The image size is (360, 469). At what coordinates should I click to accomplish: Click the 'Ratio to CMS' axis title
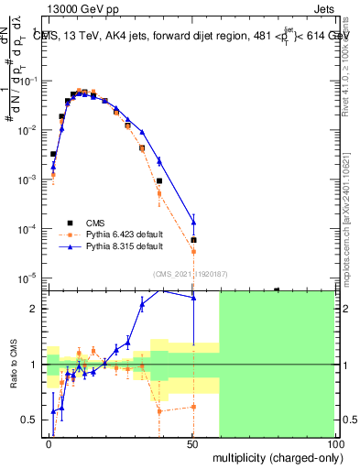pos(13,364)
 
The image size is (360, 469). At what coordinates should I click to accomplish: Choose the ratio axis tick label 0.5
pos(30,420)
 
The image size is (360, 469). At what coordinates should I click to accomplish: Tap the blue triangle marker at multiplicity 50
pos(193,220)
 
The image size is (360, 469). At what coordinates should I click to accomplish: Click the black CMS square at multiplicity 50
pos(193,240)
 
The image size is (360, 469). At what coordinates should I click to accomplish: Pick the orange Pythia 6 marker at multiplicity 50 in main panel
pos(193,252)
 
